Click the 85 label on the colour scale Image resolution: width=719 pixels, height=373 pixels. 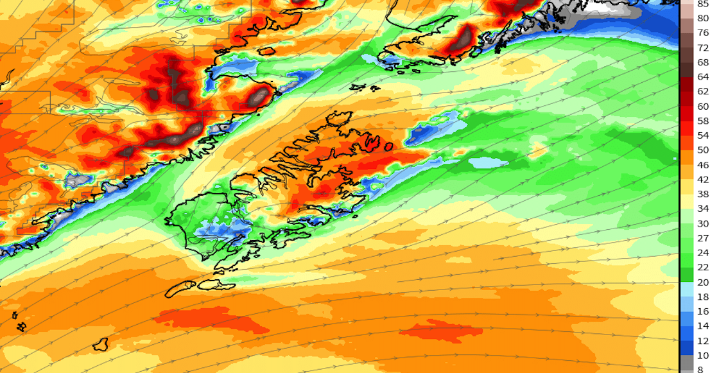702,3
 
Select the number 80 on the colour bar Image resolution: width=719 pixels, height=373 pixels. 702,18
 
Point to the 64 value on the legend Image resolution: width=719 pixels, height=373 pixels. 702,77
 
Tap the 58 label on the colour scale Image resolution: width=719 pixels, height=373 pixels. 702,121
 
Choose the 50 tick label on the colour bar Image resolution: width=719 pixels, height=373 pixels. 702,150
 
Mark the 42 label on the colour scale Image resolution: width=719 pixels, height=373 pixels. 702,180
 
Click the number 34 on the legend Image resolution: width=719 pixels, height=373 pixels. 702,209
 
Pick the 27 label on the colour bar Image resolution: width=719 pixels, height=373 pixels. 702,238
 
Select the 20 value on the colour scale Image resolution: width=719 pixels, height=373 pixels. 702,282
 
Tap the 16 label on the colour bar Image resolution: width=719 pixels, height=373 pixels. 702,311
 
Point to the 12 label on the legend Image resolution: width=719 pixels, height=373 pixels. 702,341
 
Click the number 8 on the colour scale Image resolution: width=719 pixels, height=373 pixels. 702,370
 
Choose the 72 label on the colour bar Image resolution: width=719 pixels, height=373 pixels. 702,48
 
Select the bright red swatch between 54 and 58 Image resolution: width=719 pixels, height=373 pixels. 686,128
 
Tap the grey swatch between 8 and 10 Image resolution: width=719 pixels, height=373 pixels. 686,363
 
